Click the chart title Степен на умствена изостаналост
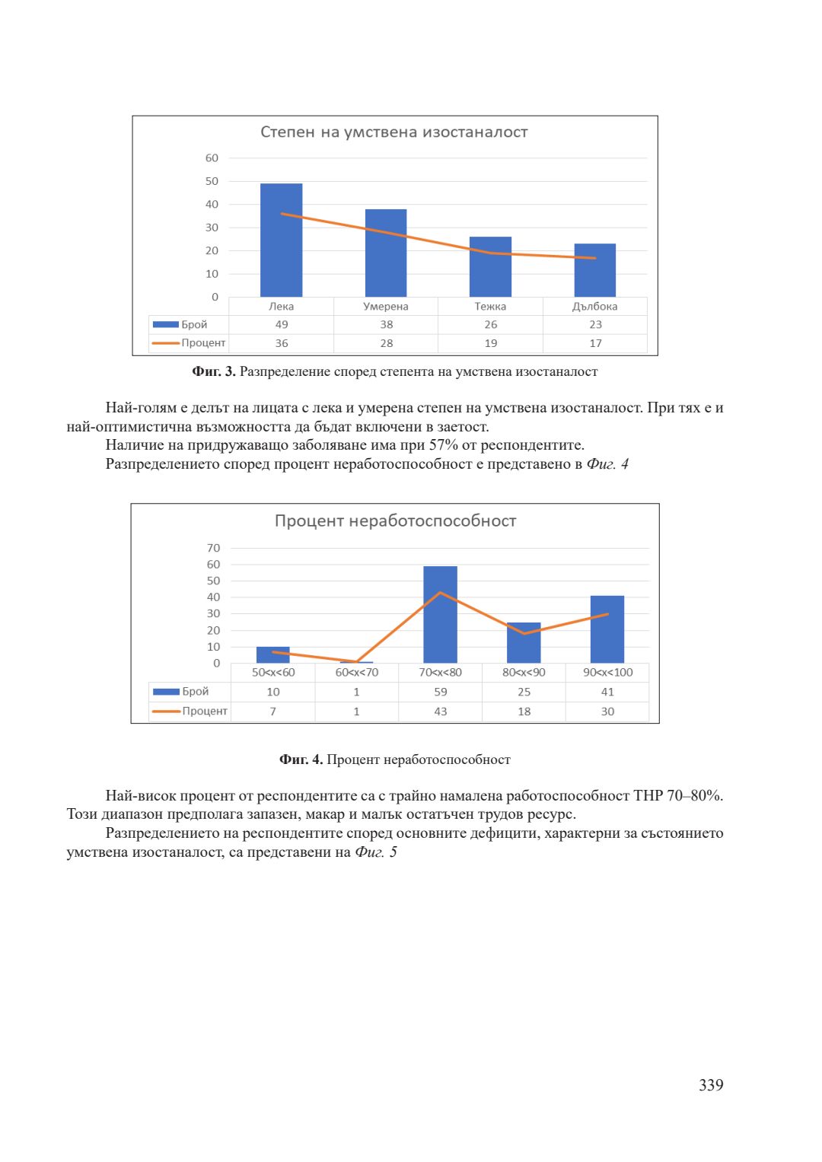point(393,132)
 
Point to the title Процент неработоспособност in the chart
point(395,521)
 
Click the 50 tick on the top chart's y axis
point(212,181)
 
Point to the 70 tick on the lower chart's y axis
point(213,548)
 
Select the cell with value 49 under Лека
point(282,324)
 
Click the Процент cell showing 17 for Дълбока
point(595,343)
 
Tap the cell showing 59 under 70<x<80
point(441,692)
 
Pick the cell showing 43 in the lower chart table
point(441,712)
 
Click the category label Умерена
point(386,307)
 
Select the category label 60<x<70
point(357,673)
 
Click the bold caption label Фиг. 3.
point(214,371)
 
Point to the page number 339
point(711,1085)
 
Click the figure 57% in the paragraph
point(443,445)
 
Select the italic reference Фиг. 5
point(376,852)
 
